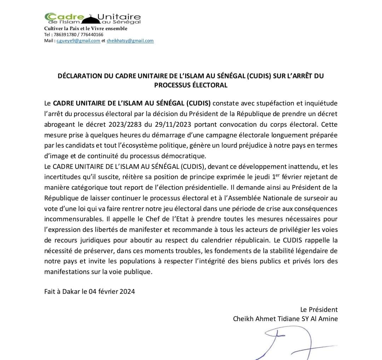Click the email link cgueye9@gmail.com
click(x=78, y=41)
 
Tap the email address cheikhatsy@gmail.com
click(x=130, y=41)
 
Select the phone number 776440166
click(x=92, y=35)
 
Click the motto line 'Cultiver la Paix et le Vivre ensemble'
click(x=86, y=29)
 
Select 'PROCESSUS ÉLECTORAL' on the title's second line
click(x=191, y=85)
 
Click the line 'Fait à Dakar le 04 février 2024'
click(x=89, y=292)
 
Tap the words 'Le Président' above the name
click(x=319, y=309)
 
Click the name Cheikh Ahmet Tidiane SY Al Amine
click(x=285, y=319)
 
